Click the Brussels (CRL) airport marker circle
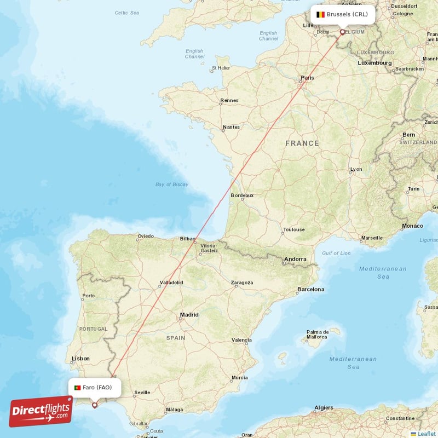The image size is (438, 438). (343, 32)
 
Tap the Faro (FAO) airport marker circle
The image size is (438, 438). (94, 406)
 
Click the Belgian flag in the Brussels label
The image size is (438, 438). (320, 14)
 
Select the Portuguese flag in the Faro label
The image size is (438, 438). (77, 388)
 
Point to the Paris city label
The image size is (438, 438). (307, 78)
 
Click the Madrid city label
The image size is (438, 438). (189, 315)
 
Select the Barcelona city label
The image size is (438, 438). (310, 289)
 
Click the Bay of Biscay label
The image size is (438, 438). (171, 185)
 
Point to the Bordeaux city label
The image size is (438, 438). (242, 195)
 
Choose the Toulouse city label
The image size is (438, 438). (293, 229)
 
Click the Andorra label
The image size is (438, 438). (295, 259)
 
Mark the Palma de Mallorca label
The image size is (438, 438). (318, 335)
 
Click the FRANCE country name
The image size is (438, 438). (302, 143)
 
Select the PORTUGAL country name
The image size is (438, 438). (93, 328)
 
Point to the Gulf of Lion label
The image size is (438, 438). (336, 253)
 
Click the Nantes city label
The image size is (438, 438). (230, 127)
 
